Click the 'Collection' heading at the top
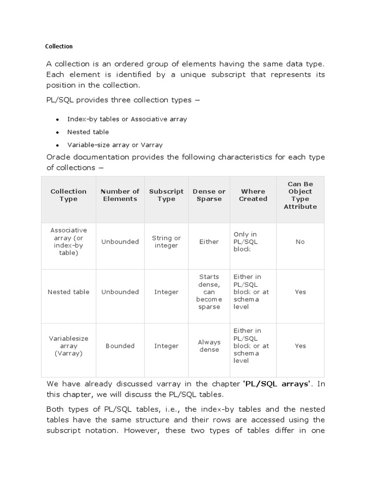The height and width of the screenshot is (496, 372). point(59,46)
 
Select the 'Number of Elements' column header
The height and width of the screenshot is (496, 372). point(120,195)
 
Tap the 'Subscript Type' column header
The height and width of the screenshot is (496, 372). point(166,195)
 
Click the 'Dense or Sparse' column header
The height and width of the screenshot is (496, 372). point(209,195)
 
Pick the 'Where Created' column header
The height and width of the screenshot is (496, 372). point(253,195)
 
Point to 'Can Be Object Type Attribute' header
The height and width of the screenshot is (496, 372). point(300,195)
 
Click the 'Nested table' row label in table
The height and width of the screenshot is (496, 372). point(68,292)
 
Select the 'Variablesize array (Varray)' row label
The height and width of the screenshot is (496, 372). point(68,346)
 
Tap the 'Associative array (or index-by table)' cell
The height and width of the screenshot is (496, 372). point(68,242)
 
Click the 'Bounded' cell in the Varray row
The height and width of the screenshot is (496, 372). point(120,346)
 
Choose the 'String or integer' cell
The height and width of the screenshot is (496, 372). point(166,242)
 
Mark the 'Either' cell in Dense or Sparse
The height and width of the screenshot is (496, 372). point(209,242)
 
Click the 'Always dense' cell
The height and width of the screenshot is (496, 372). point(209,346)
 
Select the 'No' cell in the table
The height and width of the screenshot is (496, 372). point(300,242)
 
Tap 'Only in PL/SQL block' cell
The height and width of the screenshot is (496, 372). point(246,242)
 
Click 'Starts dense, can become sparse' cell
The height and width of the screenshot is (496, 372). point(209,292)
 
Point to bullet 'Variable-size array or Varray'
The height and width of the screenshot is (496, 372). point(115,145)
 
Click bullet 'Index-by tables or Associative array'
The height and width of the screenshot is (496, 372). point(127,119)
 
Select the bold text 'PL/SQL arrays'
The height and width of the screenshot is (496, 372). point(276,384)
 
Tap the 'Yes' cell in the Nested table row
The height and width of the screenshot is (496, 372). point(300,292)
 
